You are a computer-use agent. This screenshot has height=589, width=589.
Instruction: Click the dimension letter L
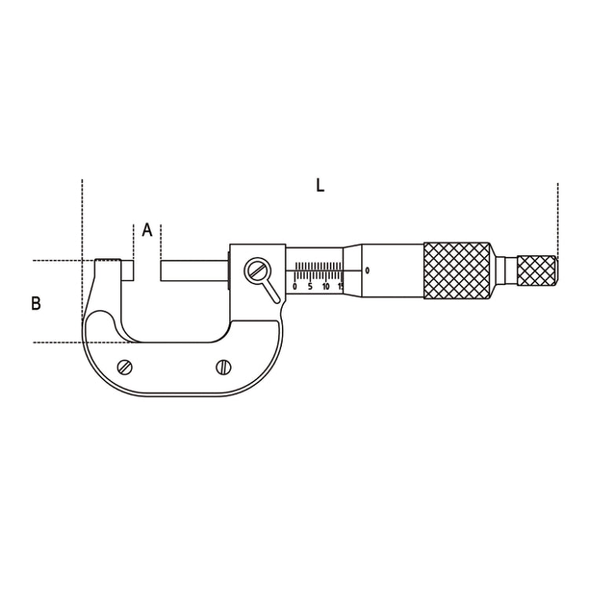320,185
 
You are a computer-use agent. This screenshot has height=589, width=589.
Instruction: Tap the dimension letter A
148,229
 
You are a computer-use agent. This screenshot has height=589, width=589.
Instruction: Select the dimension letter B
36,303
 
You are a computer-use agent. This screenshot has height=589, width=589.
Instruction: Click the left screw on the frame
125,367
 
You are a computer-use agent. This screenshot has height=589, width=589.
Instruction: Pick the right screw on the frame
224,367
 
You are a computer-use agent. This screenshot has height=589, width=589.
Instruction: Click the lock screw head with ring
258,270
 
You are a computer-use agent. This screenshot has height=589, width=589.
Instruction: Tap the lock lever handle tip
277,300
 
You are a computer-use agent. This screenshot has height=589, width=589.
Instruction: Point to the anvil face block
127,270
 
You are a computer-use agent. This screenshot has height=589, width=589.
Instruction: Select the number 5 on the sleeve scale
310,287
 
